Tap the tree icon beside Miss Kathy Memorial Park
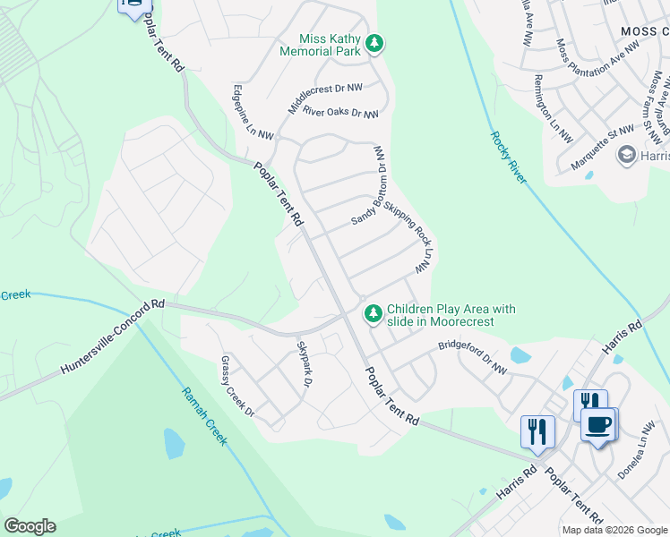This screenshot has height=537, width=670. pyautogui.click(x=376, y=43)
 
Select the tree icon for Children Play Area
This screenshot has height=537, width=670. pyautogui.click(x=373, y=314)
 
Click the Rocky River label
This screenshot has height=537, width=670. pyautogui.click(x=507, y=158)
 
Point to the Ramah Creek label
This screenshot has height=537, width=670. pyautogui.click(x=205, y=416)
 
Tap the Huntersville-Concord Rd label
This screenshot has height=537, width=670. pyautogui.click(x=114, y=337)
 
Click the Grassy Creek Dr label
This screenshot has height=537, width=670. pyautogui.click(x=238, y=387)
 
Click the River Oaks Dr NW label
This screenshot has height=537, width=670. pyautogui.click(x=340, y=113)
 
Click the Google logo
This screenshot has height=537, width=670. pyautogui.click(x=30, y=526)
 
